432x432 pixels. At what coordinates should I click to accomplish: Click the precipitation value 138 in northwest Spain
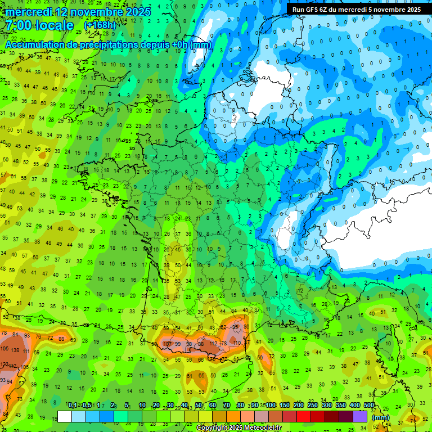[15, 350]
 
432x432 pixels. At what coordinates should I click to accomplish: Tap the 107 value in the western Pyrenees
[167, 343]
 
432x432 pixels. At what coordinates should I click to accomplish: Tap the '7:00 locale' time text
[39, 25]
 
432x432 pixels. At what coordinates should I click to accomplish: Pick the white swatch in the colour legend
[65, 416]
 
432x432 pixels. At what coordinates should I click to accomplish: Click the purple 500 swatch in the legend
[361, 416]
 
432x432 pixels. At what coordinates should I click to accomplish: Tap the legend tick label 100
[271, 406]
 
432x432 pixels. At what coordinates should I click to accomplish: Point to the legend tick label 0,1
[73, 406]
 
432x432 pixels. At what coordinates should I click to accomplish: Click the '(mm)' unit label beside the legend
[381, 417]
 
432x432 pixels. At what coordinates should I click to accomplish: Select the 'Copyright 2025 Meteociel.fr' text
[238, 428]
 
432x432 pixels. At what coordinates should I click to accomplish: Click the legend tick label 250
[312, 406]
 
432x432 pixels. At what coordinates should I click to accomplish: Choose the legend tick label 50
[199, 406]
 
